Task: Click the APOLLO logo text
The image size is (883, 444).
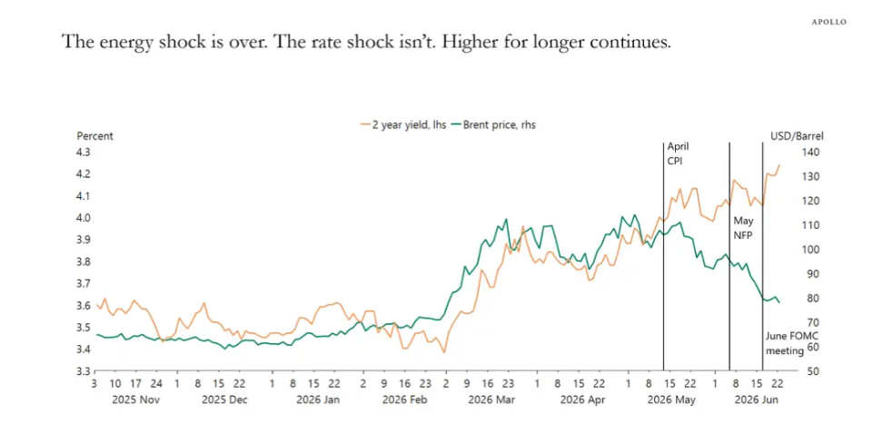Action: click(828, 22)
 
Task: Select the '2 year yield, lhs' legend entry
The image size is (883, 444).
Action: click(403, 125)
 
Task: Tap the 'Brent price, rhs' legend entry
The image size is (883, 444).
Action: click(493, 125)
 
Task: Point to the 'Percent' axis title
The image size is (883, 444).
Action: click(94, 136)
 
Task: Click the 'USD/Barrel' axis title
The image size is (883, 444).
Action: click(797, 136)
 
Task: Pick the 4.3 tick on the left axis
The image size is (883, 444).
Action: click(83, 152)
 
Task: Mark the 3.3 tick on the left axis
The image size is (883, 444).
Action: click(83, 371)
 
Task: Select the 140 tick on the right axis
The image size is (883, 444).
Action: click(811, 152)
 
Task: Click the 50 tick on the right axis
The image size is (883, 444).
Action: click(813, 371)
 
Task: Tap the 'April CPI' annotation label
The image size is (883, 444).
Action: click(678, 153)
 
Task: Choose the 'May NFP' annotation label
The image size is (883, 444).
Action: click(743, 228)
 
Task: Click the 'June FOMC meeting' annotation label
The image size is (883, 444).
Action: click(785, 343)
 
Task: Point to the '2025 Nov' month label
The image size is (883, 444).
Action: click(135, 400)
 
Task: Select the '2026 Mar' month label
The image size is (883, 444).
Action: click(491, 400)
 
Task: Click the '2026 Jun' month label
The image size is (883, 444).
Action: click(757, 400)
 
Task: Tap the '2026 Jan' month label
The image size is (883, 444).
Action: click(318, 400)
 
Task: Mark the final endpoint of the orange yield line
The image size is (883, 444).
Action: click(779, 165)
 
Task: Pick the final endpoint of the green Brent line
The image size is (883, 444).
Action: click(779, 302)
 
